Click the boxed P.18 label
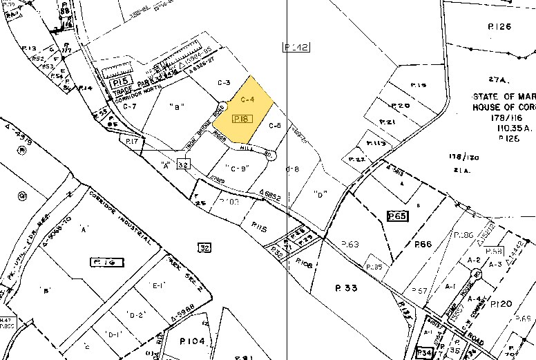pyautogui.click(x=241, y=119)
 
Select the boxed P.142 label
pyautogui.click(x=296, y=47)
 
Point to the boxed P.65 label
pyautogui.click(x=398, y=216)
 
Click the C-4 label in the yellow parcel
pyautogui.click(x=247, y=100)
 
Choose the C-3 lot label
pyautogui.click(x=223, y=83)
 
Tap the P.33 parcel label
pyautogui.click(x=346, y=288)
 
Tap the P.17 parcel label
pyautogui.click(x=133, y=141)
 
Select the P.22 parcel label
pyautogui.click(x=357, y=160)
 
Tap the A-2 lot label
pyautogui.click(x=474, y=260)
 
